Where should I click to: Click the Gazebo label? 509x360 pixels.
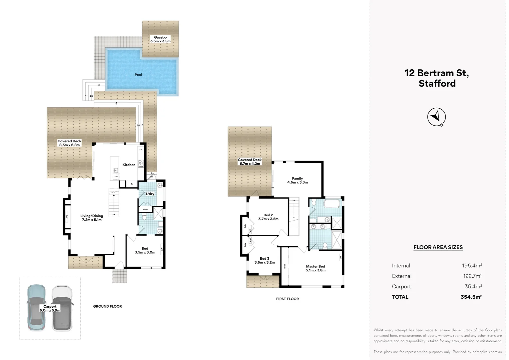160,39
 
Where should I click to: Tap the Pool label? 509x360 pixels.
138,75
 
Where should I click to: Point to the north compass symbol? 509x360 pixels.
436,117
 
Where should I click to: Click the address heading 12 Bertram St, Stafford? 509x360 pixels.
437,78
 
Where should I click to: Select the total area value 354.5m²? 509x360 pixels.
471,297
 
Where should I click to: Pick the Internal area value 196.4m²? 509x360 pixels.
472,266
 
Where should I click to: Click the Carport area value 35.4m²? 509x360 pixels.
473,287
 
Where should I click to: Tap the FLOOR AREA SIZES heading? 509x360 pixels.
438,247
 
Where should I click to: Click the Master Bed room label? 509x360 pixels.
315,268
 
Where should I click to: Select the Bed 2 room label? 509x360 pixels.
268,217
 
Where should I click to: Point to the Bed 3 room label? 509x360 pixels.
264,260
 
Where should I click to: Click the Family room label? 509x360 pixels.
297,180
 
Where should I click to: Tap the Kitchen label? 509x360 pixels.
129,165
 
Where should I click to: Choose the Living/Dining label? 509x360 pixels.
92,218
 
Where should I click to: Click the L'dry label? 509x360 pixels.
150,194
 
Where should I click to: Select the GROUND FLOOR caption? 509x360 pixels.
107,306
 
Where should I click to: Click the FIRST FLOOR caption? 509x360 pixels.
287,299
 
